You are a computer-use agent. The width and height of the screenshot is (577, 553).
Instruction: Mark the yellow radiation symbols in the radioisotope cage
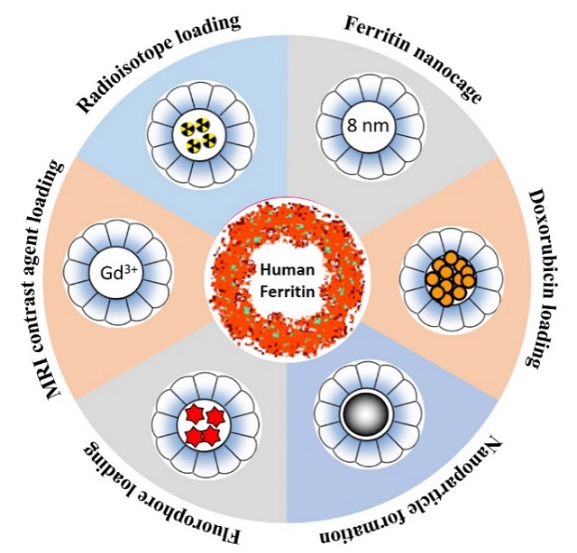197,134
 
